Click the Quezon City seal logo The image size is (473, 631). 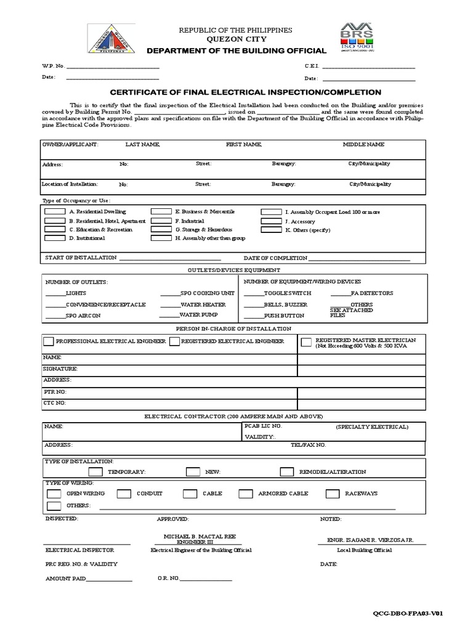click(113, 39)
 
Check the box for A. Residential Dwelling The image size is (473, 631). click(55, 212)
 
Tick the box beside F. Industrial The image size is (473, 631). click(161, 221)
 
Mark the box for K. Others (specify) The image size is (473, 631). click(271, 230)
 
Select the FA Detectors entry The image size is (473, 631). click(371, 293)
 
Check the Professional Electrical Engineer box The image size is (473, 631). click(48, 341)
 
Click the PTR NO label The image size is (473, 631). click(54, 391)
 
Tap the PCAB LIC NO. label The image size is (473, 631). click(263, 426)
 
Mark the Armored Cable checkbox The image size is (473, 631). click(245, 494)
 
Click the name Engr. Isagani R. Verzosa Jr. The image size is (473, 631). click(370, 540)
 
